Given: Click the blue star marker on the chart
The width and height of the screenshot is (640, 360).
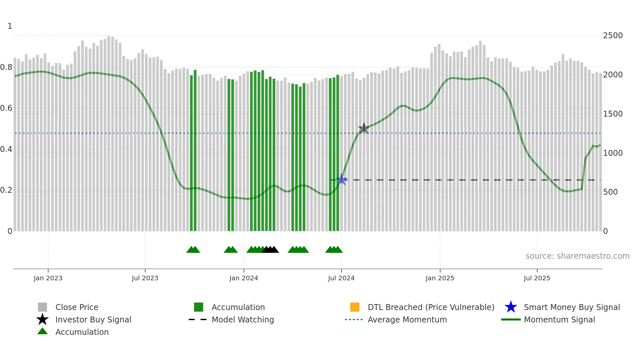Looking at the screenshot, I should tap(342, 179).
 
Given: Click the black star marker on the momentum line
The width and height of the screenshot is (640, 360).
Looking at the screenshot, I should tap(364, 128).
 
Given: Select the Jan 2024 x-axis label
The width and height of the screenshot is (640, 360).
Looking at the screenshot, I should tap(244, 278).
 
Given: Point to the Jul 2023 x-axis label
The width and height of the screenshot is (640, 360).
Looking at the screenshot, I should tap(145, 278).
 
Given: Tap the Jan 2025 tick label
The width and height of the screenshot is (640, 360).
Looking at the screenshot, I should tap(440, 278).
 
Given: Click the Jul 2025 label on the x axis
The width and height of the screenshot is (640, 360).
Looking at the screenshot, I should tap(537, 278).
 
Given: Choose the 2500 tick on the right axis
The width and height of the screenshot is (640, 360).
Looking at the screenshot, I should tap(613, 36).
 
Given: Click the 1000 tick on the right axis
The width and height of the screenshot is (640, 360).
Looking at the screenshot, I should tap(613, 153).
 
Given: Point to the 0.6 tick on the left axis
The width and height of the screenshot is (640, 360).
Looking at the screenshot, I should tap(6, 108).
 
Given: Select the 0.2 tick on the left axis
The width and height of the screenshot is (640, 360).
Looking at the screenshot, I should tap(6, 190).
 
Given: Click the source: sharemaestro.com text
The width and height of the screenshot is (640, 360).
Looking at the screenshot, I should tap(577, 256).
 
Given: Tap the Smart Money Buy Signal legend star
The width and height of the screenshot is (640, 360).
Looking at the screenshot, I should tap(511, 307).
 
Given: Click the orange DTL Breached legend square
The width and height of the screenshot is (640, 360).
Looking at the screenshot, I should tap(355, 307).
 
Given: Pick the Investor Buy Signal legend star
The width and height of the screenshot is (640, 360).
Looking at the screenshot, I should tap(42, 319).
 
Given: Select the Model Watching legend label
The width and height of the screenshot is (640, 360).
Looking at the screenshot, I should tap(243, 319).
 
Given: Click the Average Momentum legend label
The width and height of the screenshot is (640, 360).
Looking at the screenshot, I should tap(407, 319).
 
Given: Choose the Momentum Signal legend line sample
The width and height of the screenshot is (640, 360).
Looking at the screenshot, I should tap(511, 319).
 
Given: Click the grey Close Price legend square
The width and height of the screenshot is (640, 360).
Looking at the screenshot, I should tap(42, 307).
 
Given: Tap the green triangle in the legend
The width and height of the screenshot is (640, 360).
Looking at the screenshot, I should tap(42, 331).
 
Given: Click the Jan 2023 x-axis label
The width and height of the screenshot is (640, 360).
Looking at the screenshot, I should tap(48, 278).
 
